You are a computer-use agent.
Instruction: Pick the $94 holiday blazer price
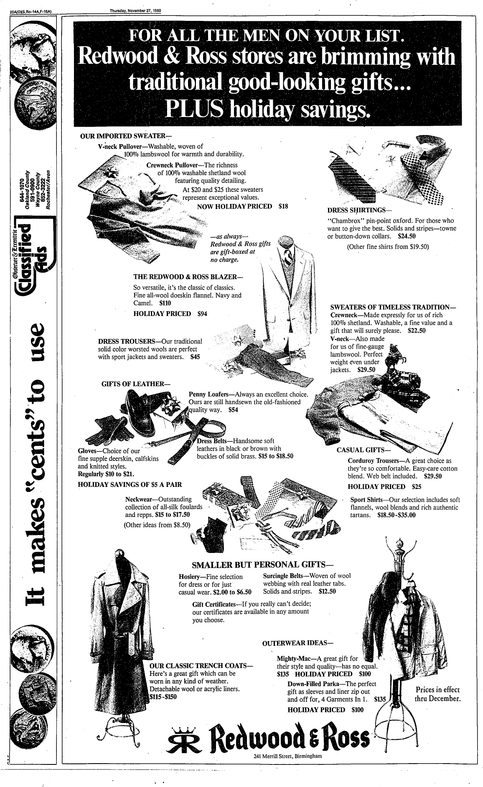202,313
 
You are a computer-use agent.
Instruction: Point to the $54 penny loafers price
234,410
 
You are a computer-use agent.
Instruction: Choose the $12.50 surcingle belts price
327,592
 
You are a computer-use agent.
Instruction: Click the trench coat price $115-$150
164,696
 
